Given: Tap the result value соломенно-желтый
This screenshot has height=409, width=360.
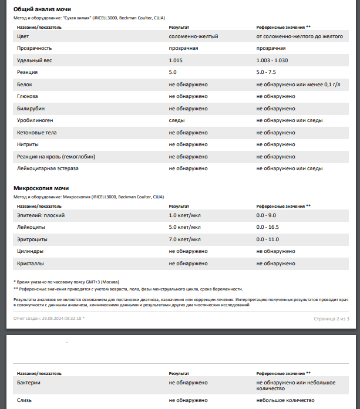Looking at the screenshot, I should click(194, 36).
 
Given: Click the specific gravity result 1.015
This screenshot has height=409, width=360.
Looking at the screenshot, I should click(176, 60).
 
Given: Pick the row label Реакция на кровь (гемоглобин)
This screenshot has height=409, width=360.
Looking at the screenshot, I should click(56, 157).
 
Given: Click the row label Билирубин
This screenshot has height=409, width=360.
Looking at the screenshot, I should click(31, 109).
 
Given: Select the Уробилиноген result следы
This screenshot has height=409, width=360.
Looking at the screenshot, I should click(177, 120).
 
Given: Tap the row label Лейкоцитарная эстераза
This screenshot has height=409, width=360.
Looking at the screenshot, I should click(48, 168).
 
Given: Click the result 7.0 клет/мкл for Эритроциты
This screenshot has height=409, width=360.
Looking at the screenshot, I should click(184, 239).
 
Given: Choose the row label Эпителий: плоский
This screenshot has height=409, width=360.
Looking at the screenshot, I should click(41, 215).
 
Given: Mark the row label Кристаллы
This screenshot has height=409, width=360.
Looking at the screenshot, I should click(31, 263).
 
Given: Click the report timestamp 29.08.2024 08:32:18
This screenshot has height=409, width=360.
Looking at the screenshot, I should click(59, 318).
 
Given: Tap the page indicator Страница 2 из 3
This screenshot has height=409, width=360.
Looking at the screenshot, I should click(331, 318).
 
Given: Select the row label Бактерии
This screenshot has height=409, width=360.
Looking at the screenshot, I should click(29, 383).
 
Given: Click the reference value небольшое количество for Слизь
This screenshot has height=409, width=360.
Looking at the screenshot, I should click(285, 400).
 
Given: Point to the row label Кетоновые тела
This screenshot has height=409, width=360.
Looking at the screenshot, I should click(37, 133).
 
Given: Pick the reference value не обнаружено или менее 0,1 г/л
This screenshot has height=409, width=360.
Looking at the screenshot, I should click(298, 84).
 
